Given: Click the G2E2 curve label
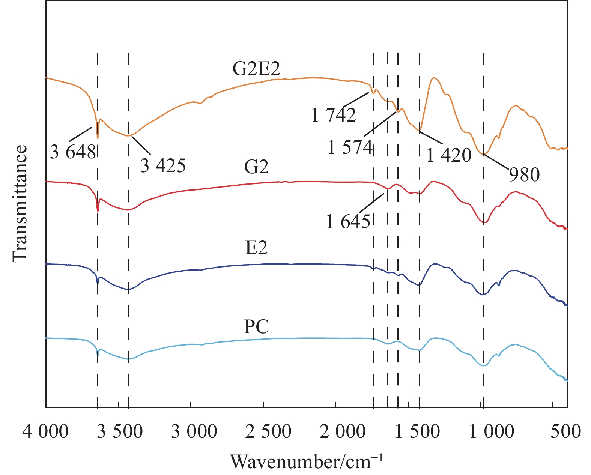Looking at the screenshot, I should pos(256,69).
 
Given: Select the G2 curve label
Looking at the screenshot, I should pos(256,167).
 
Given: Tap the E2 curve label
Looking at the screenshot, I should pos(256,248).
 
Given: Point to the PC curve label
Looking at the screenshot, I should pos(256,326).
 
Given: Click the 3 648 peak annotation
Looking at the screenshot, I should pos(73,152).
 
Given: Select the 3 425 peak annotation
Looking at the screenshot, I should pos(163,165).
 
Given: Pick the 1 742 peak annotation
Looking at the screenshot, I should pos(334,115).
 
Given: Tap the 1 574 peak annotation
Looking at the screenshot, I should pos(350,147).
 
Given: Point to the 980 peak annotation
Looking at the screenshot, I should pos(524,175).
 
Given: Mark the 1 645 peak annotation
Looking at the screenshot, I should pos(348,222).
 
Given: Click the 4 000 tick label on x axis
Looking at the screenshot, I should pos(45,431).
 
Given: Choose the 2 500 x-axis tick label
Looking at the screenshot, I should pos(268,431).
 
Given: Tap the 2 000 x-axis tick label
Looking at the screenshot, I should pos(342,431).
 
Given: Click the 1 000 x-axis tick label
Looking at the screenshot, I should pos(492,431).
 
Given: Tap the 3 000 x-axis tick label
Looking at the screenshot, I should pos(194,431).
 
